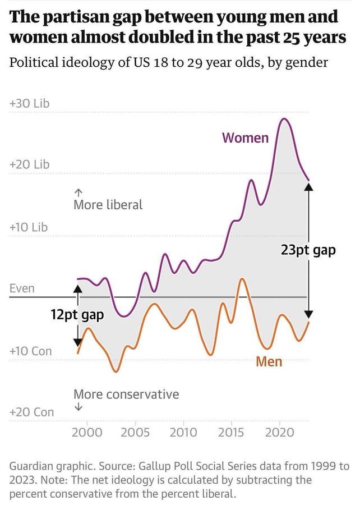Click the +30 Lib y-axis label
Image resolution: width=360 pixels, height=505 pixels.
pyautogui.click(x=29, y=104)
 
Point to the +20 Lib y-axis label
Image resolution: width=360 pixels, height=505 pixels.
pyautogui.click(x=29, y=164)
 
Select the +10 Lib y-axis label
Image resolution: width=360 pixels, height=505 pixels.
pyautogui.click(x=29, y=227)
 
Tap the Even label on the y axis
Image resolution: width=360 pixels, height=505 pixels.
pyautogui.click(x=22, y=288)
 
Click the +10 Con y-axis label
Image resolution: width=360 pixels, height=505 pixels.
pyautogui.click(x=31, y=351)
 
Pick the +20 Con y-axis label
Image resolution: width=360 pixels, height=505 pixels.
pyautogui.click(x=31, y=412)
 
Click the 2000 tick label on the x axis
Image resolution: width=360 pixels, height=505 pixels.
pyautogui.click(x=87, y=432)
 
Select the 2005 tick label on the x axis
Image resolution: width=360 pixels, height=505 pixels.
pyautogui.click(x=135, y=432)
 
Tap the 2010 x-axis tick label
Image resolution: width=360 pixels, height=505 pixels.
pyautogui.click(x=183, y=432)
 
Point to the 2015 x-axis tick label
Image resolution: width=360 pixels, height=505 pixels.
pyautogui.click(x=231, y=432)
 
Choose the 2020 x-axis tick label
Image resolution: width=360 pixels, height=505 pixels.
pyautogui.click(x=279, y=432)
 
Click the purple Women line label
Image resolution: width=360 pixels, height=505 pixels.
pyautogui.click(x=245, y=137)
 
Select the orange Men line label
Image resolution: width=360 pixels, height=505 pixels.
pyautogui.click(x=269, y=361)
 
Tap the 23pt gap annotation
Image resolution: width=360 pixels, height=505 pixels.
pyautogui.click(x=308, y=250)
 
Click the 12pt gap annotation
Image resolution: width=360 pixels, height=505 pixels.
pyautogui.click(x=77, y=314)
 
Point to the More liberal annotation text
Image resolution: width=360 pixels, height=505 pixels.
pyautogui.click(x=108, y=205)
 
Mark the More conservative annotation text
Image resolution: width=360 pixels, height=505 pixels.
pyautogui.click(x=126, y=394)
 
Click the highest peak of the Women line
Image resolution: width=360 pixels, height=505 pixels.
pyautogui.click(x=284, y=118)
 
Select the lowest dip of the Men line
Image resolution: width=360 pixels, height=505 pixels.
pyautogui.click(x=116, y=371)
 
